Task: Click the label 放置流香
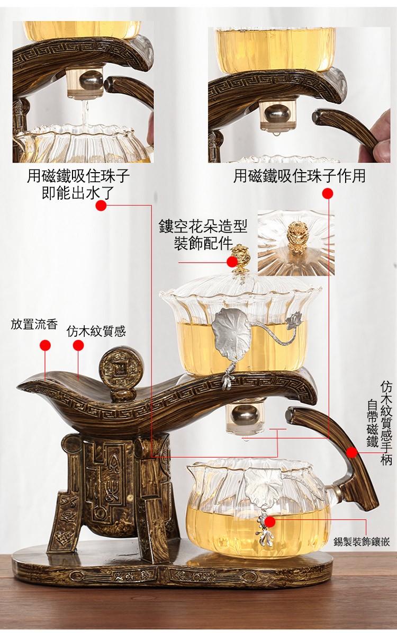pyautogui.click(x=34, y=324)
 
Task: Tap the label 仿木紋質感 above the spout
pyautogui.click(x=96, y=332)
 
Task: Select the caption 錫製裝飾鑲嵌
pyautogui.click(x=362, y=542)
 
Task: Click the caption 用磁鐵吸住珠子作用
pyautogui.click(x=300, y=176)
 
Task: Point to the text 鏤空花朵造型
pyautogui.click(x=203, y=227)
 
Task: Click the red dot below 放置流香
pyautogui.click(x=45, y=345)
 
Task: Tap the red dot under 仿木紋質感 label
pyautogui.click(x=78, y=345)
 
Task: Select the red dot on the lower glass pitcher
pyautogui.click(x=270, y=522)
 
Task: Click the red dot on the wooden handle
pyautogui.click(x=352, y=452)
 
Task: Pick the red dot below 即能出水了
pyautogui.click(x=101, y=206)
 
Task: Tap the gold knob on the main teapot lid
pyautogui.click(x=241, y=254)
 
